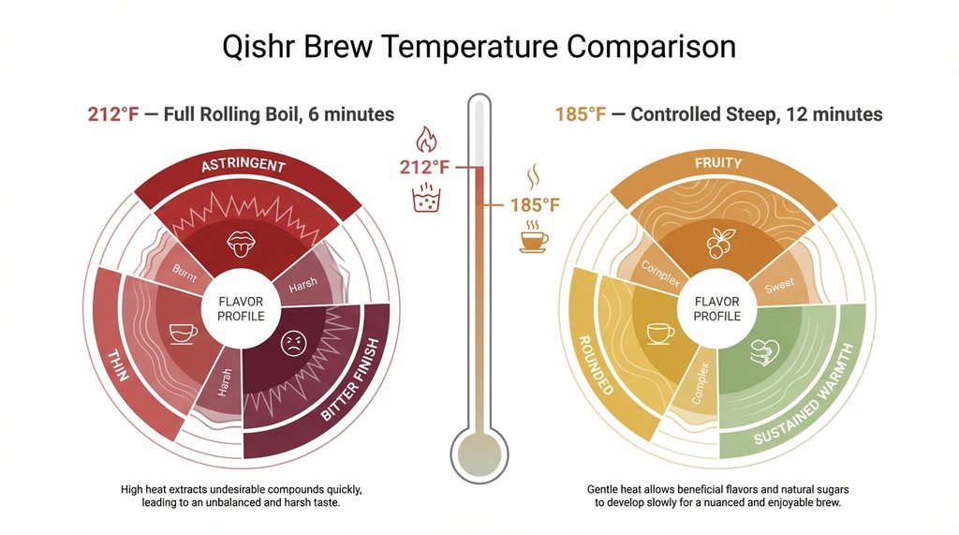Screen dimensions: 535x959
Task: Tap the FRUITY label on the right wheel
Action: point(719,163)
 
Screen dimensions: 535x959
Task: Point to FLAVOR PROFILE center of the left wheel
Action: point(241,308)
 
